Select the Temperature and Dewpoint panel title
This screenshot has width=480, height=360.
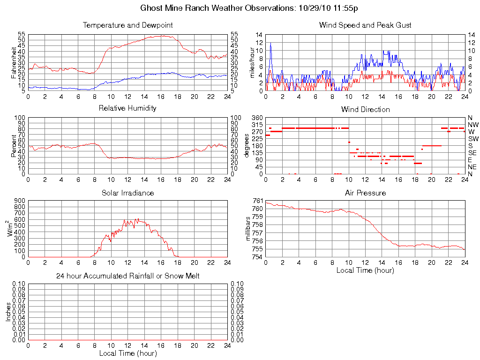coord(127,25)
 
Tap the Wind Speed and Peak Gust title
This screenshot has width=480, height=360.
coord(365,25)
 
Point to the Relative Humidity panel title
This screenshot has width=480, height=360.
coord(127,108)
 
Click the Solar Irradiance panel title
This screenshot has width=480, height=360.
coord(127,193)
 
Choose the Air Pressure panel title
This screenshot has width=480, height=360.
coord(365,193)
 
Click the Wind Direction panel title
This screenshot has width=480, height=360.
coord(365,109)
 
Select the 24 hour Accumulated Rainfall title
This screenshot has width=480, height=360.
coord(127,276)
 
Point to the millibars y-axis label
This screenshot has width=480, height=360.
coord(248,229)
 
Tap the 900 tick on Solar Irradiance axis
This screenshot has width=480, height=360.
coord(19,201)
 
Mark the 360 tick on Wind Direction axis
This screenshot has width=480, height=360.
coord(256,117)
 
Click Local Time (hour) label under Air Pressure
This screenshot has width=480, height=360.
coord(365,270)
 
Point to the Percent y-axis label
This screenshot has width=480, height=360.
coord(14,145)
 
